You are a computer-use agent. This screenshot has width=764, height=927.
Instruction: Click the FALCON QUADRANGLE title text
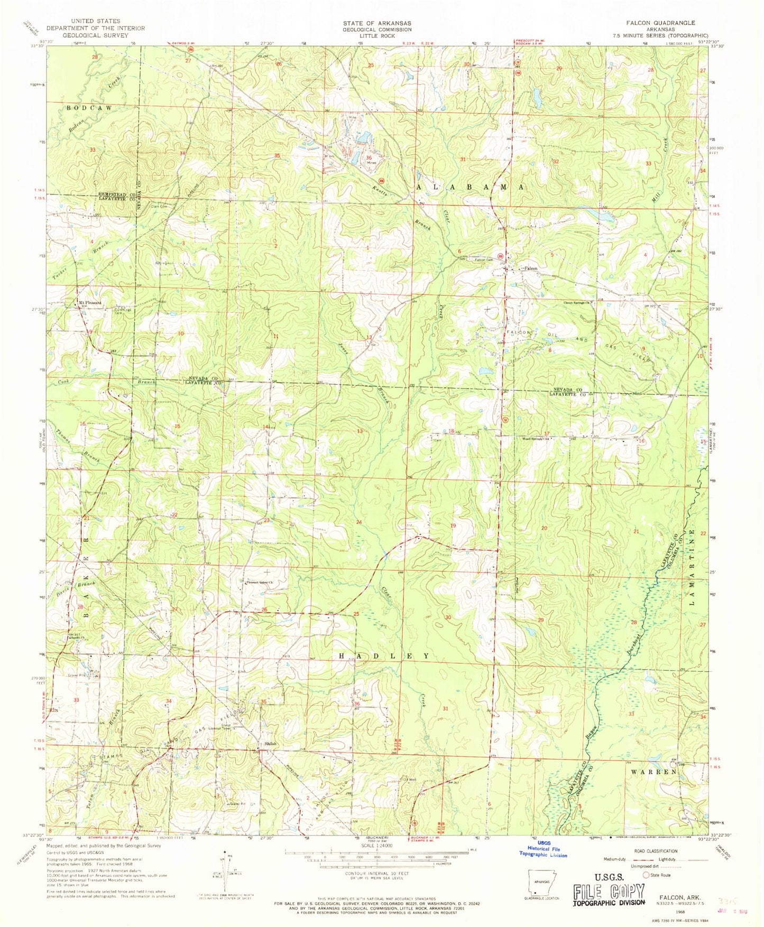[x=660, y=23]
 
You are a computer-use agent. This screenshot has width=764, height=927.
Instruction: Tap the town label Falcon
[x=530, y=268]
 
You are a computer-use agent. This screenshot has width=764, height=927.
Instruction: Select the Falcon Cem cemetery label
[x=483, y=260]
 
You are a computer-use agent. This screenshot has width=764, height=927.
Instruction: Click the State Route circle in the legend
[x=646, y=875]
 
